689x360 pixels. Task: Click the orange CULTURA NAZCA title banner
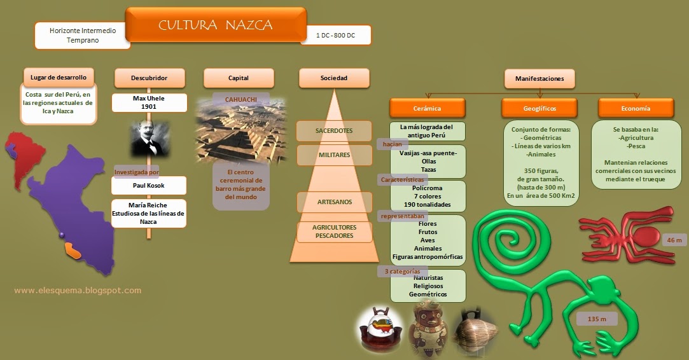pos(215,25)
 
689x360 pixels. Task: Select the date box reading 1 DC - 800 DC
pos(335,36)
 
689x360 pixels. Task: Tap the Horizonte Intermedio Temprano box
pos(83,36)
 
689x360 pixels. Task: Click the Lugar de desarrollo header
pos(59,78)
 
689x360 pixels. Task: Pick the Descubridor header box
pos(150,78)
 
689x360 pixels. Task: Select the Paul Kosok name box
pos(150,186)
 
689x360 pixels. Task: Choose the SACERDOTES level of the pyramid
pos(334,131)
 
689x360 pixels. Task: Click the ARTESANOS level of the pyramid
pos(335,202)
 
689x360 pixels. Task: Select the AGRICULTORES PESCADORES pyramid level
pos(335,232)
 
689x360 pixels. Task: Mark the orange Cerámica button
pos(427,108)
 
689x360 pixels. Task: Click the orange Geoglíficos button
pos(539,108)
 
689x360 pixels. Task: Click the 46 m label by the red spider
pos(674,240)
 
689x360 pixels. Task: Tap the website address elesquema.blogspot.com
pos(78,291)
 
